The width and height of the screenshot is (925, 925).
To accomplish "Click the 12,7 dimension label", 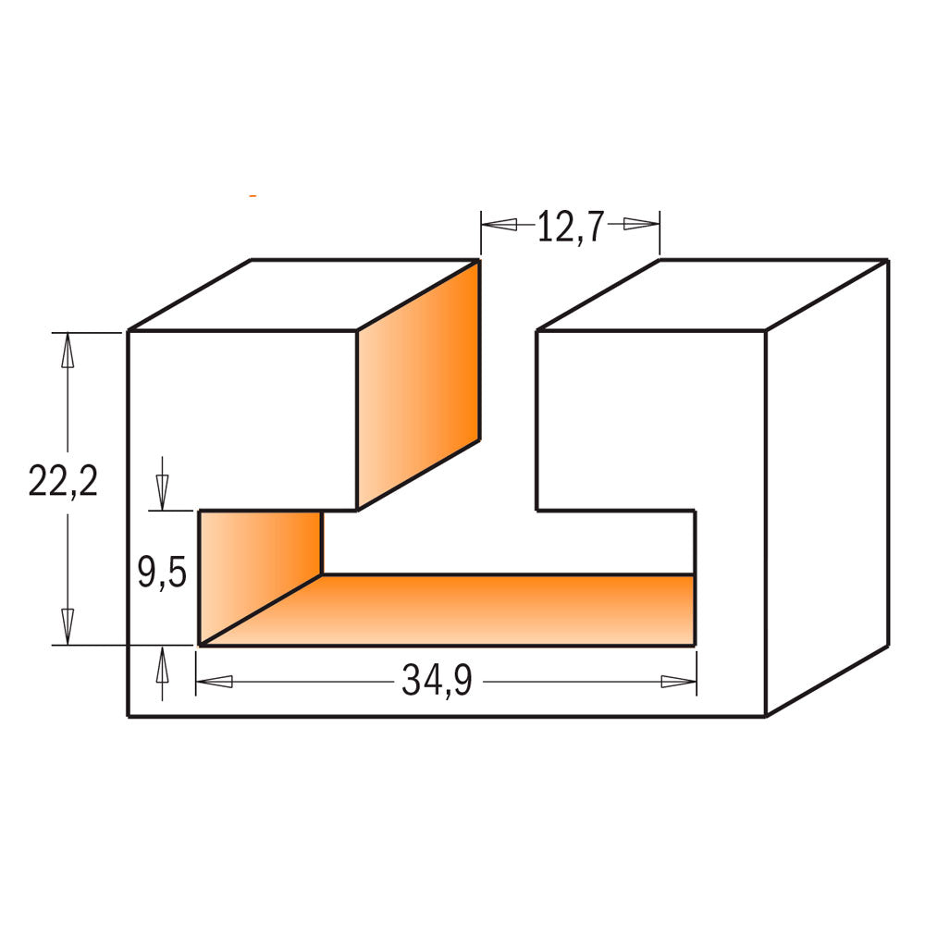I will tap(570, 226).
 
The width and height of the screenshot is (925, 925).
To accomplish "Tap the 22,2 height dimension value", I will tap(63, 482).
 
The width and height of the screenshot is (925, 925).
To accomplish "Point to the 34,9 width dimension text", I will tap(437, 683).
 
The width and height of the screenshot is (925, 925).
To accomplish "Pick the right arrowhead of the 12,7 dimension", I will tap(640, 224).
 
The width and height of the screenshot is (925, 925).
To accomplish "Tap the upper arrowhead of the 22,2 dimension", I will tap(67, 351).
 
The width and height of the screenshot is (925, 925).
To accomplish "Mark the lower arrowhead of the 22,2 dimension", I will tap(67, 626).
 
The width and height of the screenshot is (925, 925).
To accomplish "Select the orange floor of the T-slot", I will tap(481, 610).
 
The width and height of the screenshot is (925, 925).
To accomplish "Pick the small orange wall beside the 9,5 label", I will tap(261, 564).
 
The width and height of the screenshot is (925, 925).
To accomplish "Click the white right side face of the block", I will tap(826, 490).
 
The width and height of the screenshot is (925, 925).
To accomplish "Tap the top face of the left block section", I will tap(305, 294).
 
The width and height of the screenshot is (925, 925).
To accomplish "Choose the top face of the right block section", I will tap(712, 294).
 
